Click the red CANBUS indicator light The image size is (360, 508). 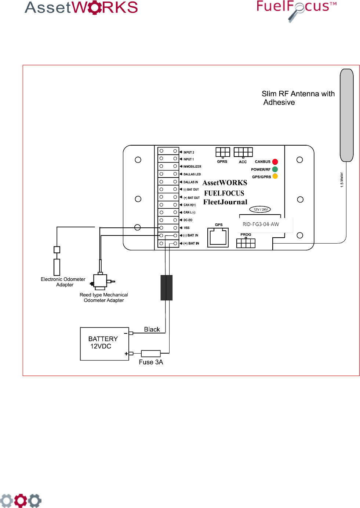click(275, 162)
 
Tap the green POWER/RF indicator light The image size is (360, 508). click(275, 169)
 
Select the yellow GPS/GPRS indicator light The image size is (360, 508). click(275, 176)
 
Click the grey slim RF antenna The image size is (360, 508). click(347, 115)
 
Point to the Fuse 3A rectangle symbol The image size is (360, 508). click(151, 353)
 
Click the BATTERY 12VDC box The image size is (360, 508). click(105, 344)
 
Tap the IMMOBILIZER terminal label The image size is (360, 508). click(192, 167)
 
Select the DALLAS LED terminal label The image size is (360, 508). click(192, 174)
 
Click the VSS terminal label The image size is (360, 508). click(186, 228)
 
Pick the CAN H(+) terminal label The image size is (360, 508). click(189, 205)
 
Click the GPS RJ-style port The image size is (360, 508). click(218, 237)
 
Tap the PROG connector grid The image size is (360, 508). click(246, 243)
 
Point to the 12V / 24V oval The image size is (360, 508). click(260, 209)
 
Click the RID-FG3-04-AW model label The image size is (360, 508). click(261, 224)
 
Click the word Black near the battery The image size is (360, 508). click(152, 329)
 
